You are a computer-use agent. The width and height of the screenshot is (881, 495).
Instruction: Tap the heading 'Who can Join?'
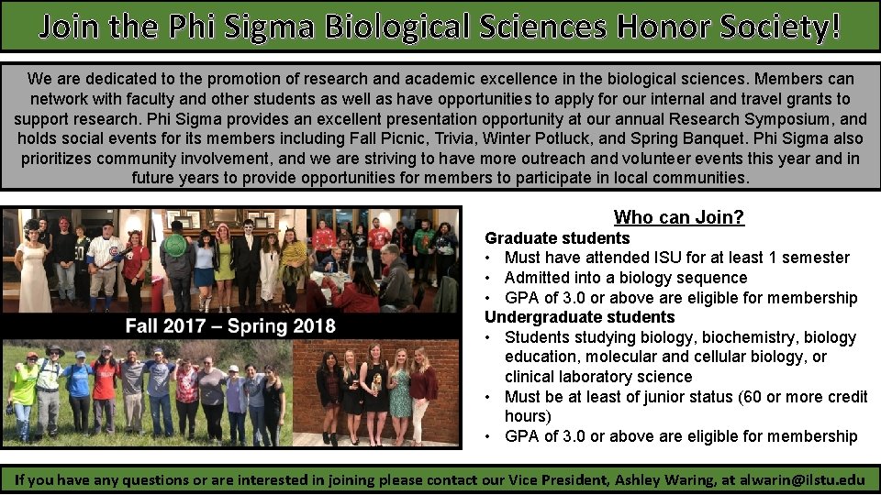point(678,217)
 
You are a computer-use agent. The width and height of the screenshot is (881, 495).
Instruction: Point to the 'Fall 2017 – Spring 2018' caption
point(230,326)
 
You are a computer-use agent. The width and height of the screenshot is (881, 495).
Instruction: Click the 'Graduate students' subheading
point(557,238)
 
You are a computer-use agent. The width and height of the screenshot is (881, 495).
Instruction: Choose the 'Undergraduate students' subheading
point(579,317)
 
